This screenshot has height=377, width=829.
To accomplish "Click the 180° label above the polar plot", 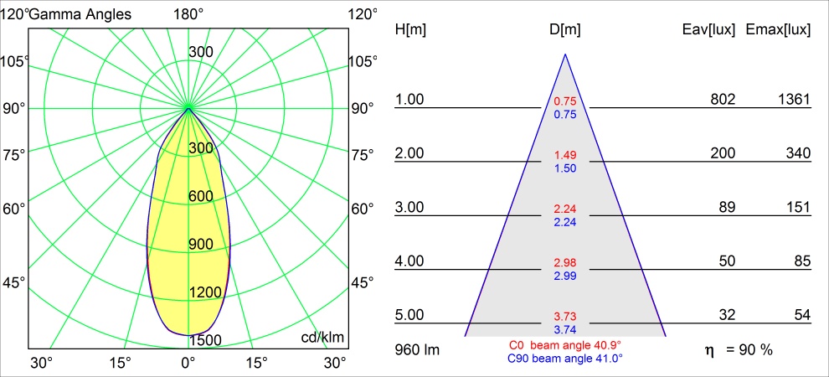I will point(188,13).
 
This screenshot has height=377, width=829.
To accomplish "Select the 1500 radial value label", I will point(206,339).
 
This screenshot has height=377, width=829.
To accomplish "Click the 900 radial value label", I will point(201,244).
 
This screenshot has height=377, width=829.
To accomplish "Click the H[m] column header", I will point(410,29).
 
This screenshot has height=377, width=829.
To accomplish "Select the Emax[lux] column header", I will point(778,29).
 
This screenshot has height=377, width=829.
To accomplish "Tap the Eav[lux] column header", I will point(709,29).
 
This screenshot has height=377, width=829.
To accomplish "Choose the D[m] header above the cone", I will point(565,29).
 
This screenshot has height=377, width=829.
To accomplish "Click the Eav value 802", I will point(723,100).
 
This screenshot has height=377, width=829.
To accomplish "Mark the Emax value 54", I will point(802,315).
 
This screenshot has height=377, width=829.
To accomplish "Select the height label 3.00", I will point(409,207).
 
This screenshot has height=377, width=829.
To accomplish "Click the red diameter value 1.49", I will point(565,156).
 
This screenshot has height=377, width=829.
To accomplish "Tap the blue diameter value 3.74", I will point(565,330).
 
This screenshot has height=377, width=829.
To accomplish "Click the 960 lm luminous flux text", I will point(416,348).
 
